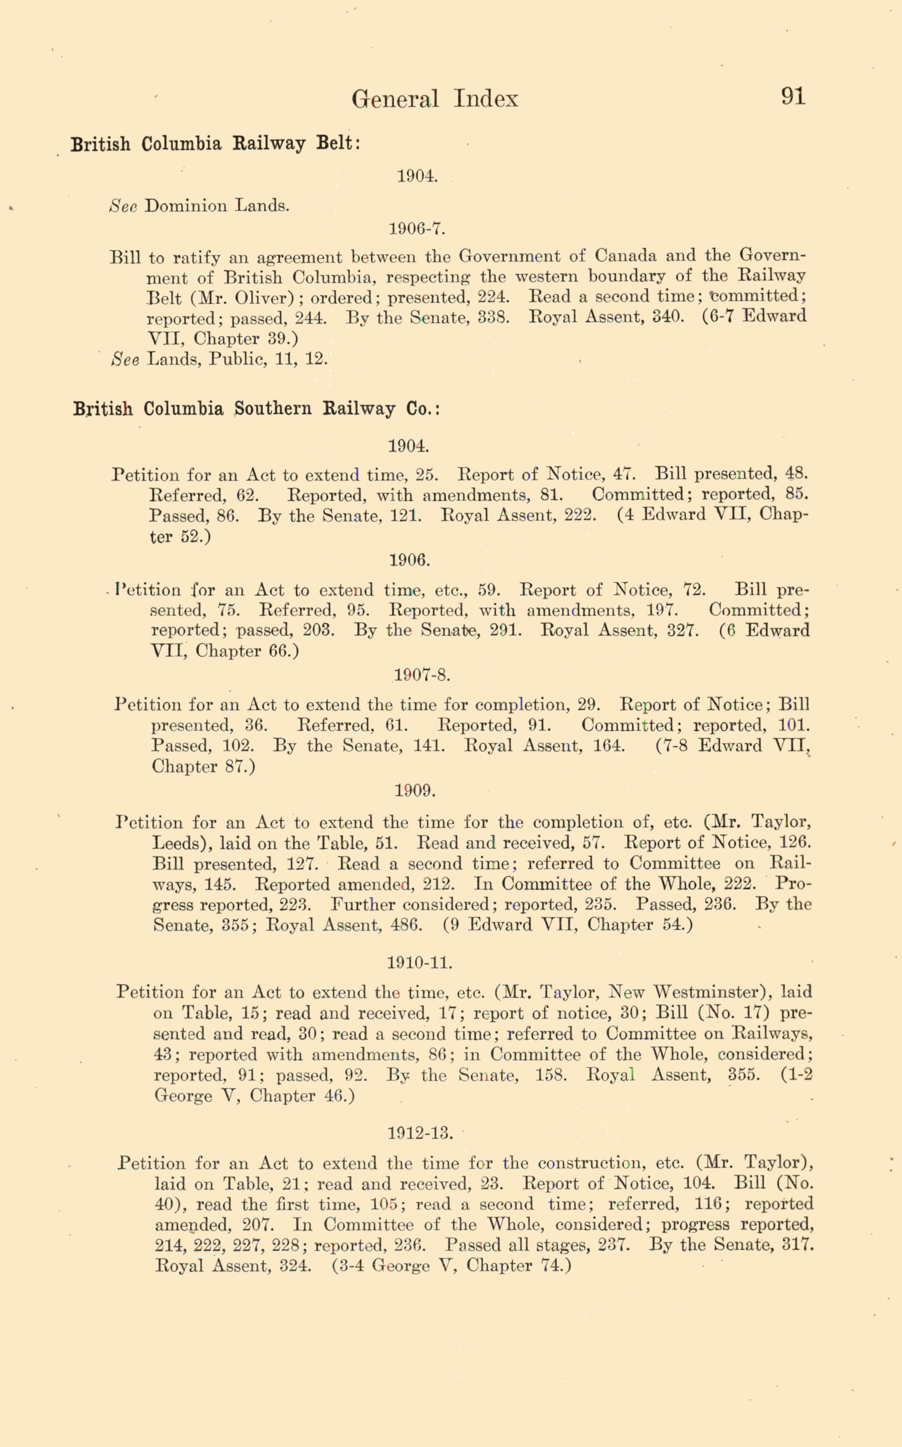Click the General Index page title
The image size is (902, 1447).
434,99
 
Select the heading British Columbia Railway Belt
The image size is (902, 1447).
215,144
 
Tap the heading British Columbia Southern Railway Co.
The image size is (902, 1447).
257,410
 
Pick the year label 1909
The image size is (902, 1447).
415,791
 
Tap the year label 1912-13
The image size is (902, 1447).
421,1133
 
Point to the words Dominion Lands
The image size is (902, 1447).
217,207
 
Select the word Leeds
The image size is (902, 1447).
178,844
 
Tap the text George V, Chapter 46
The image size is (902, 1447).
254,1096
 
